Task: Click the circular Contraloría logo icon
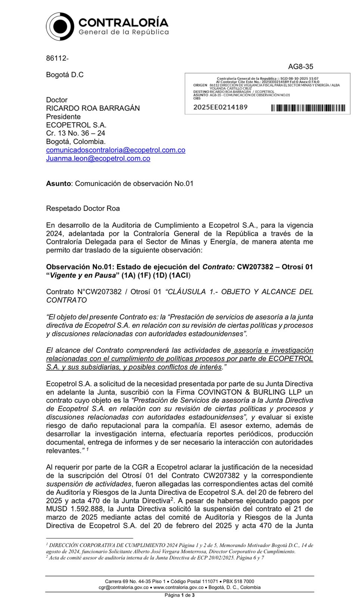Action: [x=60, y=26]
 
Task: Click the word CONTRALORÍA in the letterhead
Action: [x=123, y=22]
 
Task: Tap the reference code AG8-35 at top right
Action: [x=300, y=67]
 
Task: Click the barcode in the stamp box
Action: [x=308, y=108]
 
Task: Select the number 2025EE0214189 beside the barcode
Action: [x=220, y=107]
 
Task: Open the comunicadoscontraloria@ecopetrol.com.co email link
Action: [x=115, y=150]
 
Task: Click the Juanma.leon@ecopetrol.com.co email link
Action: [x=98, y=158]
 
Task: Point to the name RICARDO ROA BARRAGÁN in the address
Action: [x=93, y=108]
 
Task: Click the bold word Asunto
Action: [x=58, y=184]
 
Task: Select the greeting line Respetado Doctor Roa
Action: [x=83, y=209]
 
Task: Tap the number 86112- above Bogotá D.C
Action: [x=57, y=58]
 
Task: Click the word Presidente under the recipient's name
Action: [x=63, y=117]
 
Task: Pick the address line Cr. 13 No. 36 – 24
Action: [x=75, y=133]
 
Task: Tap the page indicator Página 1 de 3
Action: [x=180, y=595]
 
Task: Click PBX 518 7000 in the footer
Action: [x=239, y=581]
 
